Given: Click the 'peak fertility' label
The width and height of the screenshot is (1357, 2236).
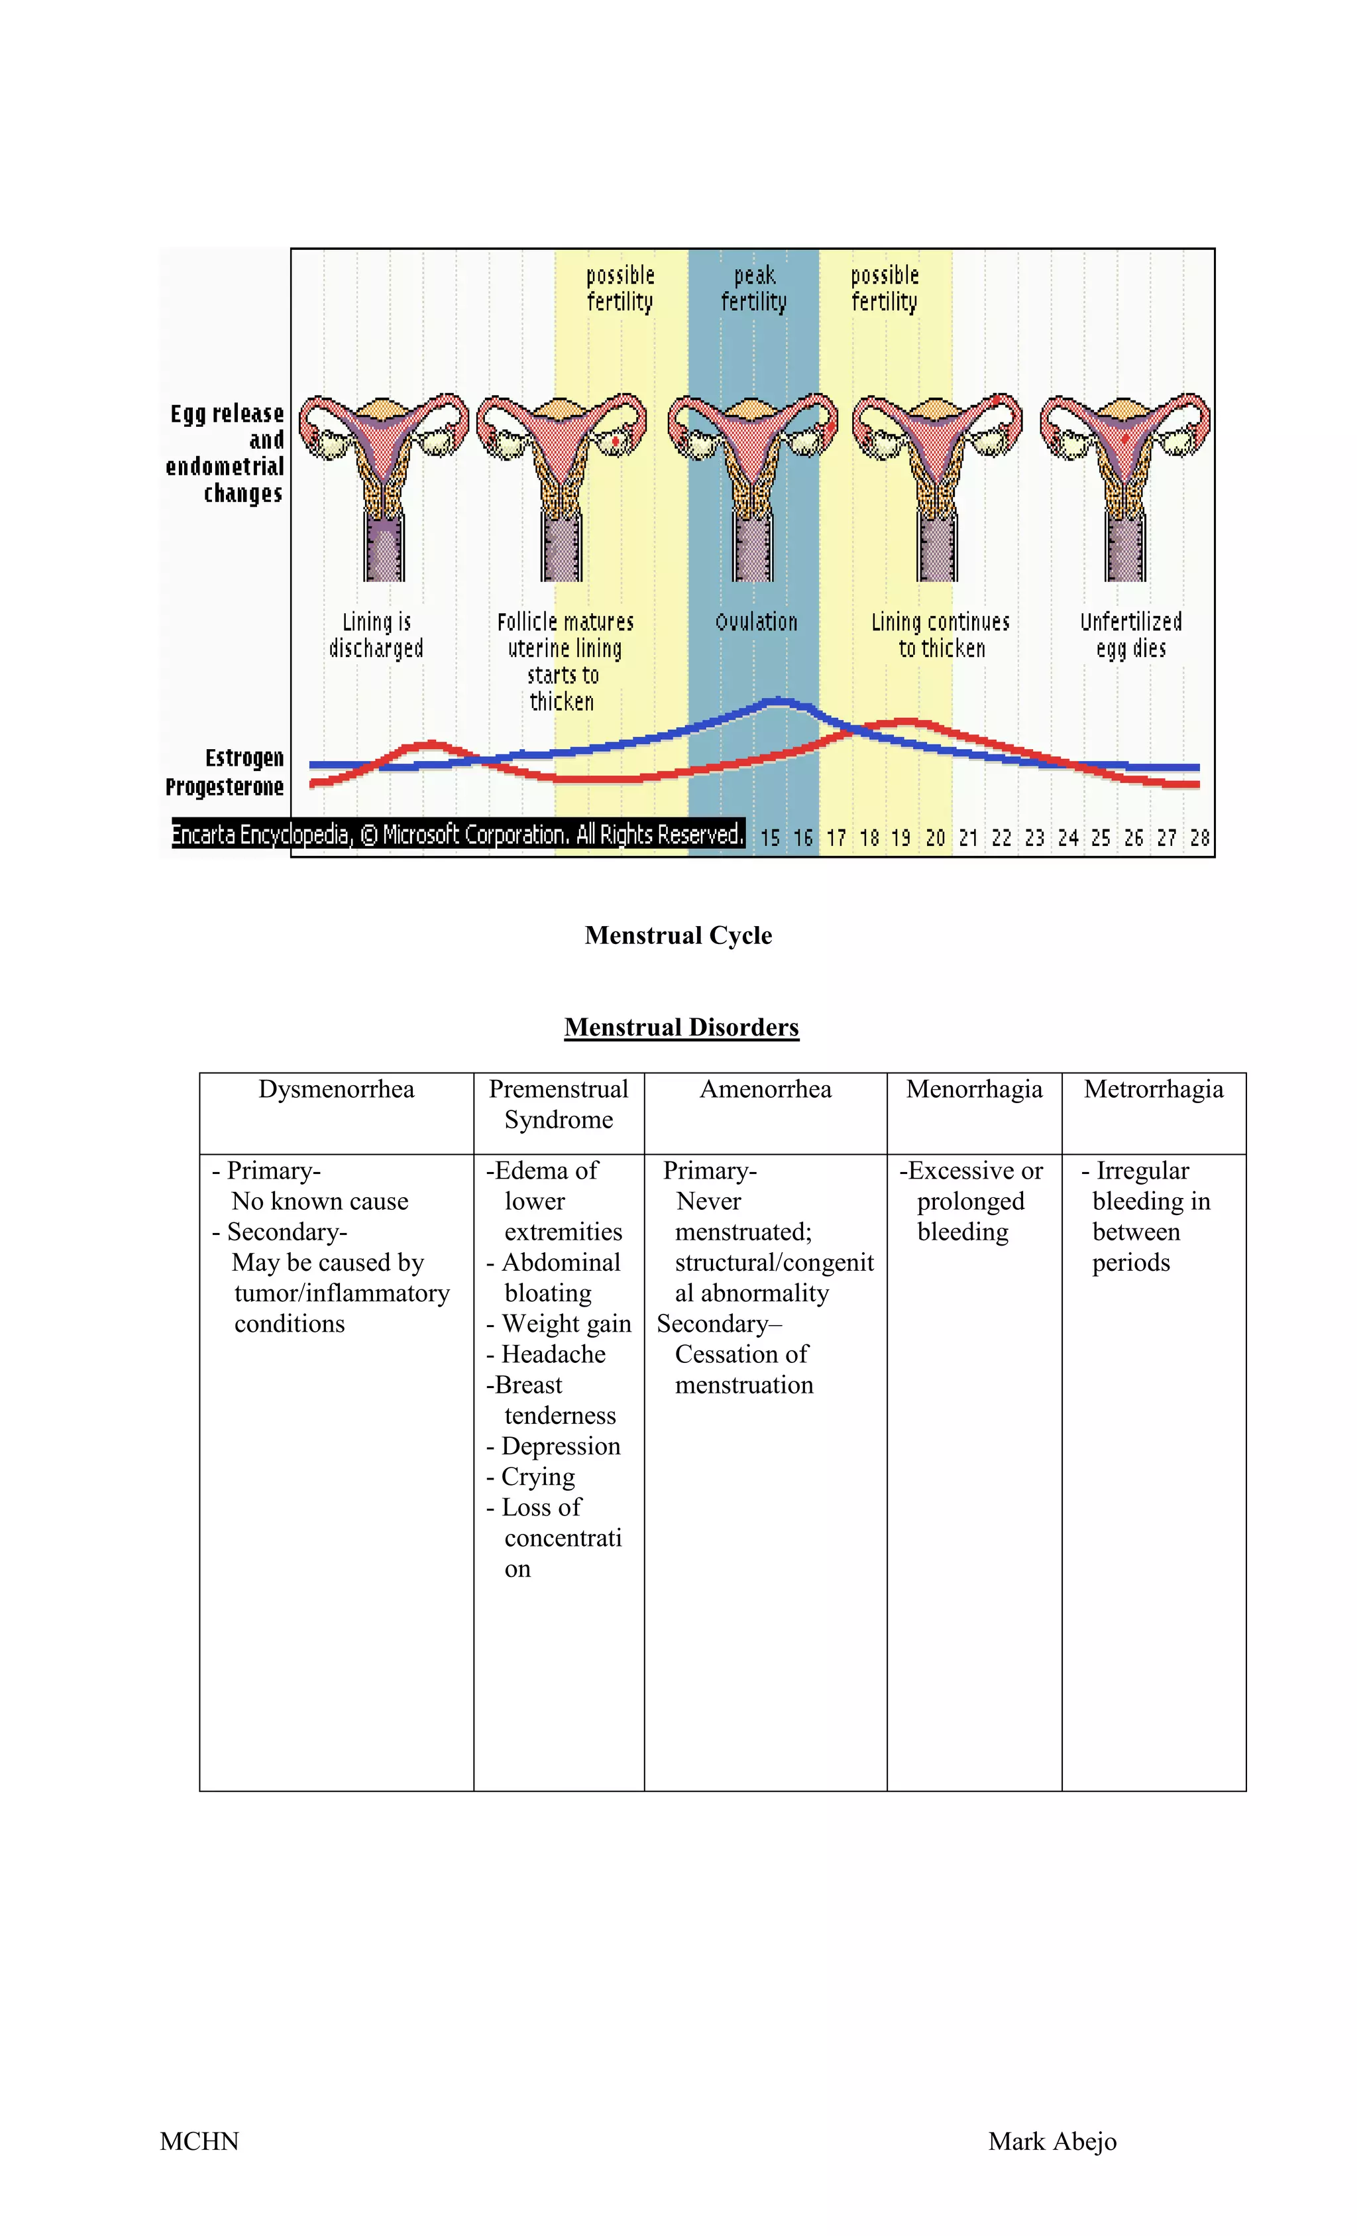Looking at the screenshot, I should coord(753,288).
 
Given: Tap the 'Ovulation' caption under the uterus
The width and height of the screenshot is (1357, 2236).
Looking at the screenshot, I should coord(755,622).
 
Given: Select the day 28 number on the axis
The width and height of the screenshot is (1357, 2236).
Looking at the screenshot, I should coord(1199,838).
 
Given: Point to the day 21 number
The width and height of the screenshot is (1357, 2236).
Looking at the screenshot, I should coord(968,838).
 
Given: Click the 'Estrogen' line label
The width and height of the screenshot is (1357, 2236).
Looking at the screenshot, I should coord(244,758).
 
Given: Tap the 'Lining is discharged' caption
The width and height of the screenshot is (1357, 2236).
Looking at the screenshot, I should coord(376,635).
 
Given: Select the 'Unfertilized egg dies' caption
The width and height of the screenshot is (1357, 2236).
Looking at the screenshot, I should coord(1130,635).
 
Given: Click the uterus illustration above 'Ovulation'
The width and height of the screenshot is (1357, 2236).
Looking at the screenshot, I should coord(753,481).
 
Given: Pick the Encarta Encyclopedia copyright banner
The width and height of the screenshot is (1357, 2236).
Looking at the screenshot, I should coord(458,834).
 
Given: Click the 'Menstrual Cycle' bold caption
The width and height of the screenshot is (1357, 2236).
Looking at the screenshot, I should coord(678,935).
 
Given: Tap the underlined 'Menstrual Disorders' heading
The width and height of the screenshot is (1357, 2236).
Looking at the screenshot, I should coord(681,1028).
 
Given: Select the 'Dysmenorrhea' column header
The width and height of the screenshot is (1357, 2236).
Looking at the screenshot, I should coord(336,1089).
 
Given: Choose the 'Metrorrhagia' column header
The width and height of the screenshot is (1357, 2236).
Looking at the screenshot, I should coord(1153,1089).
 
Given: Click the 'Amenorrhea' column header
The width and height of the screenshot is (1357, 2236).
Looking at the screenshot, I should coord(765,1089).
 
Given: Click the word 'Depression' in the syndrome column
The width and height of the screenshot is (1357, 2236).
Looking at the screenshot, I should coord(561,1446).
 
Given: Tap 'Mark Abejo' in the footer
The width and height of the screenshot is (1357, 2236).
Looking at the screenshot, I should coord(1052,2142).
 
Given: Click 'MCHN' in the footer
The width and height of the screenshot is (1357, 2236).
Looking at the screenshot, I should coord(199,2142).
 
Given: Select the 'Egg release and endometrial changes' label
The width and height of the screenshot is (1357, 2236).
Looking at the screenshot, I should coord(225,453).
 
